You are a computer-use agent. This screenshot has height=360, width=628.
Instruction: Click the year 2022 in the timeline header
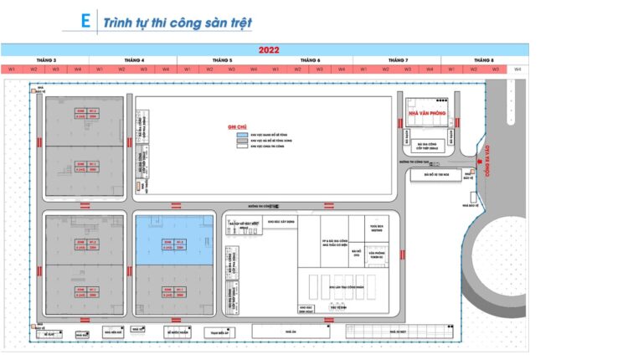point(269,50)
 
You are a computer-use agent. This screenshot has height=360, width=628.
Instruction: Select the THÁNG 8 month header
point(483,60)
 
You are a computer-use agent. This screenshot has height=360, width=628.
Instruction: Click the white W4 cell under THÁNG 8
point(517,69)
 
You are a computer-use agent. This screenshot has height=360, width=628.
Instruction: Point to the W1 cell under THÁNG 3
point(12,69)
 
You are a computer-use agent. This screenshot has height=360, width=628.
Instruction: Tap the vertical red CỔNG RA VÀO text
point(483,159)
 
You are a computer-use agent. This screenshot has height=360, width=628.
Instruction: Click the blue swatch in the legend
point(241,134)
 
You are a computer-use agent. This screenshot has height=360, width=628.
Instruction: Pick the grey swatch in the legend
point(241,140)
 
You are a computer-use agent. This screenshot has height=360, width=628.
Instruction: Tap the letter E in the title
point(85,22)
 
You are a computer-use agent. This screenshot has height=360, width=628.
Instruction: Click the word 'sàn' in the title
point(207,23)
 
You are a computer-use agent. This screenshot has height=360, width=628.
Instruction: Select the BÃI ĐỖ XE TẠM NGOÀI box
point(436,175)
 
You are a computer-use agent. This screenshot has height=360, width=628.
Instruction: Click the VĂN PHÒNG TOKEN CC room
point(377,255)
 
